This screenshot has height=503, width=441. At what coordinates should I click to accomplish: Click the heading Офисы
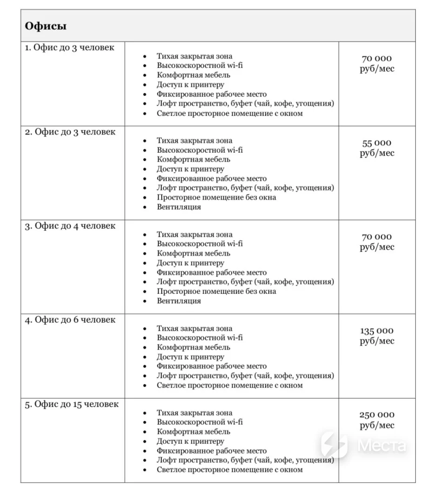pyautogui.click(x=46, y=26)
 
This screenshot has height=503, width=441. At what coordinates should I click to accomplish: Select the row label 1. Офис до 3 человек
pyautogui.click(x=69, y=48)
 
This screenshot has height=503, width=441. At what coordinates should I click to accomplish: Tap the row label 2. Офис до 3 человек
pyautogui.click(x=70, y=132)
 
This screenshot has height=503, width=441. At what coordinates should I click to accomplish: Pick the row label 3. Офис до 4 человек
pyautogui.click(x=70, y=226)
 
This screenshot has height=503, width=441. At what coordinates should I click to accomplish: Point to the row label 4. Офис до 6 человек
pyautogui.click(x=70, y=320)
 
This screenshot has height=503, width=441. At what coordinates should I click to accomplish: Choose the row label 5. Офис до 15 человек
pyautogui.click(x=72, y=404)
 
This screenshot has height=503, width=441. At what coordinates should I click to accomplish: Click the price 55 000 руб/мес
pyautogui.click(x=377, y=148)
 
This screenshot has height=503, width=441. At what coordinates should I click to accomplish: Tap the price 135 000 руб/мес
pyautogui.click(x=377, y=336)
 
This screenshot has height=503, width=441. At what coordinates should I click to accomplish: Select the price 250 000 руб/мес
pyautogui.click(x=377, y=420)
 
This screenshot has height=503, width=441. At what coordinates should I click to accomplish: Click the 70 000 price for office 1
pyautogui.click(x=377, y=64)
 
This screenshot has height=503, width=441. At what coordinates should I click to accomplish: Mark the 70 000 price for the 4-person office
pyautogui.click(x=377, y=242)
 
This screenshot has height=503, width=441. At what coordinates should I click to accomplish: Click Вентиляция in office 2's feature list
pyautogui.click(x=179, y=207)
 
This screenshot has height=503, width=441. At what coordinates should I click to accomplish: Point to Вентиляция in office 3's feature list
pyautogui.click(x=179, y=301)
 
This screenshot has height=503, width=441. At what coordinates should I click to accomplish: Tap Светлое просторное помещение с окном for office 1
pyautogui.click(x=229, y=113)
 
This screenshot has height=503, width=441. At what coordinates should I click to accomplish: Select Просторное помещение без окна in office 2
pyautogui.click(x=216, y=197)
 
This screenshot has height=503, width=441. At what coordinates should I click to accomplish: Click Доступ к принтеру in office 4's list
pyautogui.click(x=190, y=357)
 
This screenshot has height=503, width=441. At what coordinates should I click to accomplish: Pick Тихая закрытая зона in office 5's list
pyautogui.click(x=194, y=413)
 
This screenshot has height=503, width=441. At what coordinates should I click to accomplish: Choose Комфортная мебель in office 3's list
pyautogui.click(x=194, y=254)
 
